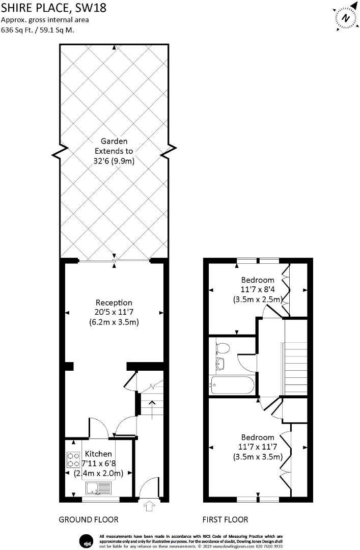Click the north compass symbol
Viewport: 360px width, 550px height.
point(346,18)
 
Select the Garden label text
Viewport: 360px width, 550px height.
point(114,141)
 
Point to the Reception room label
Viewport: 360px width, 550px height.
point(114,302)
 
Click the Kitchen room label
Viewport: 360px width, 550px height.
point(98,454)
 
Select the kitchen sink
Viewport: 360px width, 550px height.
point(98,488)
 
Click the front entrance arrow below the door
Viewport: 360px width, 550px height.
point(150,506)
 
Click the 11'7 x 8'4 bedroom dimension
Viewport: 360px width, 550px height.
point(258,289)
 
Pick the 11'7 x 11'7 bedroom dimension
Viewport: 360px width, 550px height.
point(258,447)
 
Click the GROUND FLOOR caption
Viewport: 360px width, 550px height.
point(89,520)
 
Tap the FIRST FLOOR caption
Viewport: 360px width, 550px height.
point(225,520)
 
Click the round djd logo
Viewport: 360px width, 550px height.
point(86,540)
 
